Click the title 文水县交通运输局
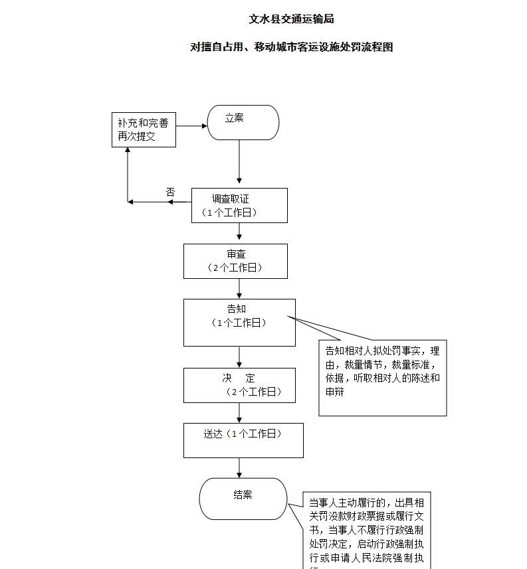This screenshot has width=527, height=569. click(x=291, y=19)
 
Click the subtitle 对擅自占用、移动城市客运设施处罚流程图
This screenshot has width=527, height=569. click(x=291, y=47)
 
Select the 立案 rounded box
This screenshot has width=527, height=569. click(x=243, y=122)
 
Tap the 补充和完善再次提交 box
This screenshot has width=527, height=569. click(x=143, y=129)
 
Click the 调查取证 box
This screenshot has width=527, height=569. click(x=239, y=205)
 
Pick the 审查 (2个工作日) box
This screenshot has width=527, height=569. click(x=236, y=261)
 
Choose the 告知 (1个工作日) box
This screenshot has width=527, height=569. click(x=239, y=322)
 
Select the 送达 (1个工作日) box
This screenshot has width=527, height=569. click(x=243, y=440)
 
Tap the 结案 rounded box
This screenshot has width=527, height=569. click(x=243, y=499)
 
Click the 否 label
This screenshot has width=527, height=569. click(x=170, y=192)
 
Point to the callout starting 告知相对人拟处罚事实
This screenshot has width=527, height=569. click(x=382, y=378)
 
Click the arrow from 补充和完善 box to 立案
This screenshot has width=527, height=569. click(x=191, y=125)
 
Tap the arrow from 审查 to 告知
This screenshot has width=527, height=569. click(x=239, y=288)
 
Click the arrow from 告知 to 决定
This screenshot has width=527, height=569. click(x=239, y=357)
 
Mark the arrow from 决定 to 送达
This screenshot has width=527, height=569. click(x=239, y=412)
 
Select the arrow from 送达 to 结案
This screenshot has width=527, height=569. click(x=239, y=468)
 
